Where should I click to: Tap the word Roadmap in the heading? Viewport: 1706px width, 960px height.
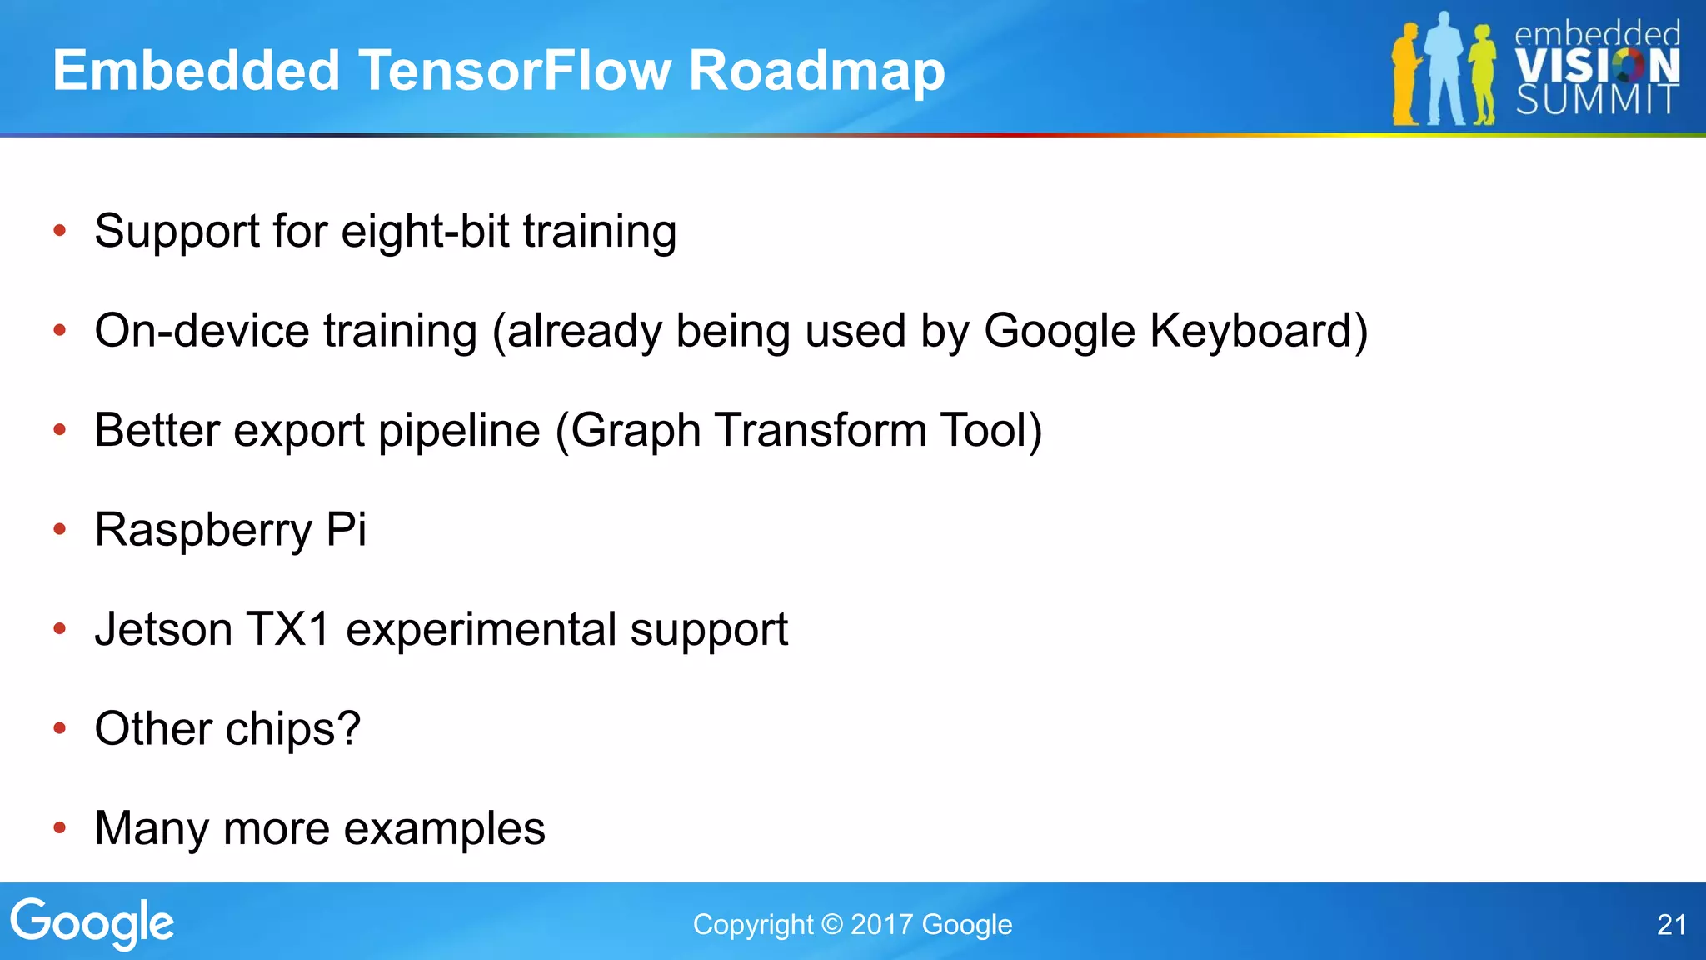pos(816,72)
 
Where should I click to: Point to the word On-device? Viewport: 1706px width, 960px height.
pos(202,331)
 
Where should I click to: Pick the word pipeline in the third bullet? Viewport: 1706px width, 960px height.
pos(459,432)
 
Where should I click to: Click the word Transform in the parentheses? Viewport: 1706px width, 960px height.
pos(821,430)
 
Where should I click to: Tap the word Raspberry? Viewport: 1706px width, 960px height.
pos(203,531)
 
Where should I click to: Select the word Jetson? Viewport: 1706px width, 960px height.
pos(163,629)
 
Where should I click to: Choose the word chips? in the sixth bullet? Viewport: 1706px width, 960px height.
pos(292,730)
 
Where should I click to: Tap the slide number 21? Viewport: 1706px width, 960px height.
pos(1671,925)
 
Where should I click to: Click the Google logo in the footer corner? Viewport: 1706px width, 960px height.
pos(92,923)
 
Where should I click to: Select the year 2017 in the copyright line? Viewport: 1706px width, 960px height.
pos(882,925)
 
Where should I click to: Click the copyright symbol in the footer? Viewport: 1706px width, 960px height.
pos(831,925)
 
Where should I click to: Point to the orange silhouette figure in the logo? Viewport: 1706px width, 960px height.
pos(1406,75)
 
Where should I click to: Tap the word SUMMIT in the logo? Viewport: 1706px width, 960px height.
pos(1596,100)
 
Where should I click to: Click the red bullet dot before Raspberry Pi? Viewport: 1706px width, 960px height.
pos(59,529)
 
